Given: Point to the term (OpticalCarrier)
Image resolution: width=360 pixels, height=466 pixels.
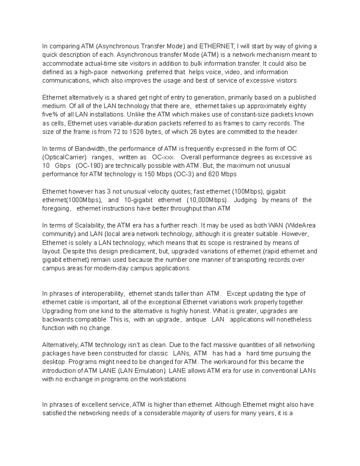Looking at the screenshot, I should point(64,157).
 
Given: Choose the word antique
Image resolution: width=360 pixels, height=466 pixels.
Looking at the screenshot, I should point(196,320).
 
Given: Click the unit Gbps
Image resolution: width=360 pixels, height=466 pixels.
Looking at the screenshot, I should point(63,166).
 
